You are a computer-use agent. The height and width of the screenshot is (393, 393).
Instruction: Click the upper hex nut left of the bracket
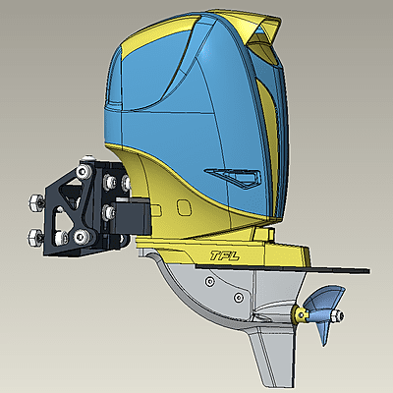click(33, 200)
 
